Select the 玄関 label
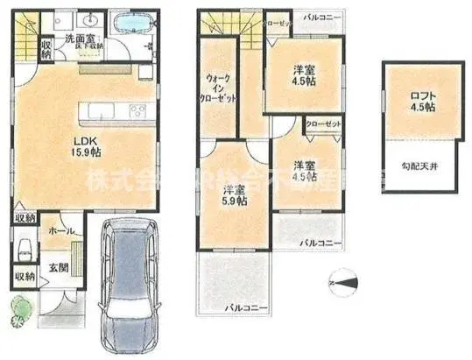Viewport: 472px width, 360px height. point(57,267)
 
